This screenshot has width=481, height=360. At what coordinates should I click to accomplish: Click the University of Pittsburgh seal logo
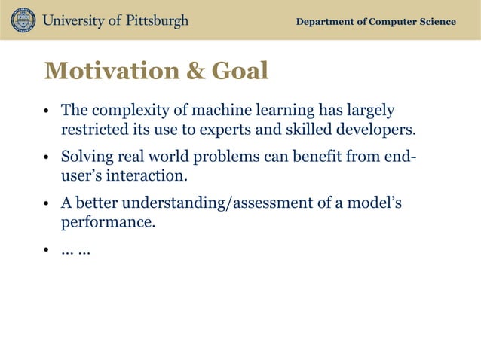(x=23, y=20)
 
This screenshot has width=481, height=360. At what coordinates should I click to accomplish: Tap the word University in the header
(x=73, y=20)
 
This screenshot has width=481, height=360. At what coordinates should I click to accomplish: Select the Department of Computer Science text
(x=375, y=21)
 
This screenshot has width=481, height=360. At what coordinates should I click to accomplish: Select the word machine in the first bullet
(x=229, y=111)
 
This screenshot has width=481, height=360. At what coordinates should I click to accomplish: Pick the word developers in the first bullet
(x=372, y=130)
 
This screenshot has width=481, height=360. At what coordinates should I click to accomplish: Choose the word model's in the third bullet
(x=374, y=204)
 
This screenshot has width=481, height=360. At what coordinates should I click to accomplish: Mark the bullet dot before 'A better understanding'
(x=47, y=206)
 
